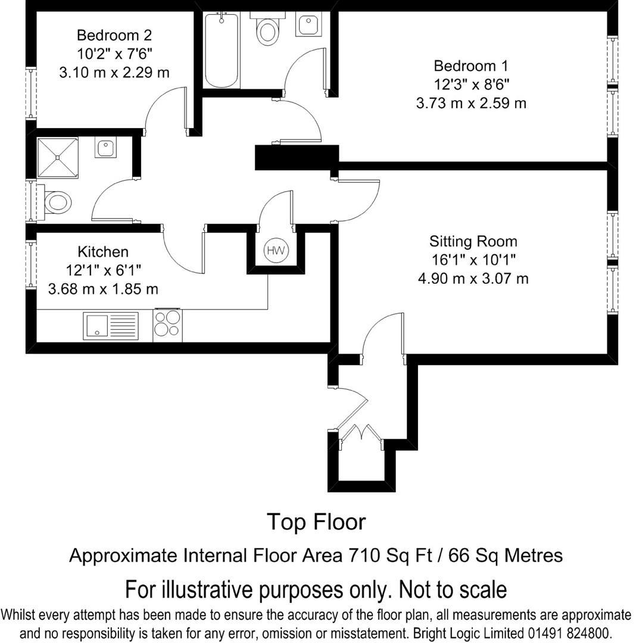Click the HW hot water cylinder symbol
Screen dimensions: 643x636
[x=276, y=251]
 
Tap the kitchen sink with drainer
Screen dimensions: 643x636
[x=111, y=326]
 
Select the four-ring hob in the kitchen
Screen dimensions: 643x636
[x=167, y=324]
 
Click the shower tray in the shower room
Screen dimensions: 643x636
[x=58, y=158]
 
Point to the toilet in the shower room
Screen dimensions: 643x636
[x=57, y=202]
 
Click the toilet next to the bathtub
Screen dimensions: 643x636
[x=267, y=29]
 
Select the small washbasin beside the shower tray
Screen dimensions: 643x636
[x=106, y=147]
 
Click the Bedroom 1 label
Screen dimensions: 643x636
[x=471, y=65]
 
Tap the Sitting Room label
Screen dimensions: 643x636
[x=473, y=241]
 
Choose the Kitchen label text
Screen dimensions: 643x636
[x=103, y=251]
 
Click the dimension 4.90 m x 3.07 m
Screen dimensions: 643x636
[x=473, y=278]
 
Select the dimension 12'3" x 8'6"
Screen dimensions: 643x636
[x=471, y=84]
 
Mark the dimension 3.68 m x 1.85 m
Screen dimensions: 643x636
[x=103, y=289]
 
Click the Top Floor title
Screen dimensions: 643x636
[x=316, y=522]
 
